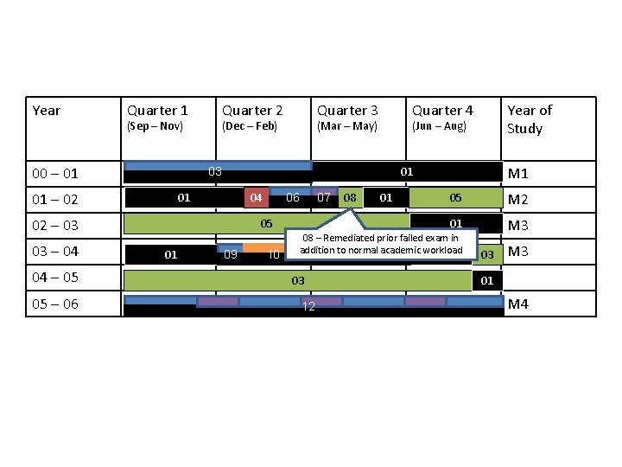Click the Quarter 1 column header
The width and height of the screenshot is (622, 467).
tap(157, 111)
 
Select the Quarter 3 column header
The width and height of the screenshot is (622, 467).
tap(347, 111)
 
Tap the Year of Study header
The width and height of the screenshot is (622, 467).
tap(529, 119)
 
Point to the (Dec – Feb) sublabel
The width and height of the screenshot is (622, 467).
tap(250, 126)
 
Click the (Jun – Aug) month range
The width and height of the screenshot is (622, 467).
tap(439, 126)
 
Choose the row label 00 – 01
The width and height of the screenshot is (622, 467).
tap(55, 174)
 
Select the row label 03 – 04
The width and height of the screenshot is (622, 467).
tap(55, 252)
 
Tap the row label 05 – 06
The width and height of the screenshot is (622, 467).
tap(55, 304)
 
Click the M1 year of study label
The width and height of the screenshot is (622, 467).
tap(518, 174)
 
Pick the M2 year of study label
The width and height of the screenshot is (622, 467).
tap(518, 200)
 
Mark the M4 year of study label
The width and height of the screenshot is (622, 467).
tap(518, 304)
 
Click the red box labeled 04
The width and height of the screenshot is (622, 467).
tap(256, 198)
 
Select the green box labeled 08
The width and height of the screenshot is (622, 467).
tap(350, 198)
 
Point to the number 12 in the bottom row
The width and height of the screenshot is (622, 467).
tap(308, 309)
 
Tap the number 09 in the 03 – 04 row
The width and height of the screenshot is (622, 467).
tap(231, 255)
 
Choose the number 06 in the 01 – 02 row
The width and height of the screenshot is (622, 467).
tap(293, 198)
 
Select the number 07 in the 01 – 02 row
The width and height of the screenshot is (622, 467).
tap(324, 198)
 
